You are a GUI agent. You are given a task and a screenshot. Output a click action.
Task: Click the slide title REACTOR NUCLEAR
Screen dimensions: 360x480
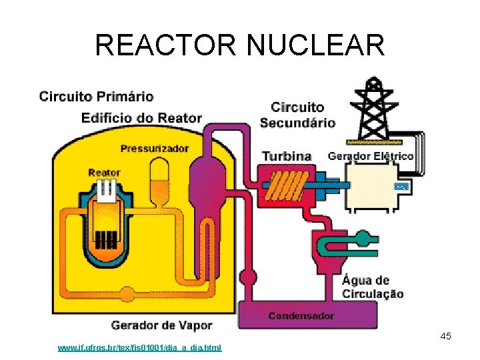pyautogui.click(x=240, y=46)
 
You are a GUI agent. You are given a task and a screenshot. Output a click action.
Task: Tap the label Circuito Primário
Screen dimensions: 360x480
pyautogui.click(x=97, y=97)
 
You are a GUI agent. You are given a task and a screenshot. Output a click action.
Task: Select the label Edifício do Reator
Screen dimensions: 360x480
pyautogui.click(x=141, y=118)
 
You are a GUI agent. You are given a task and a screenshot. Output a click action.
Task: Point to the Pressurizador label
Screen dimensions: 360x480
pyautogui.click(x=155, y=148)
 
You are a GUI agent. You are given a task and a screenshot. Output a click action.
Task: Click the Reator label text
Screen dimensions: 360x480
pyautogui.click(x=104, y=172)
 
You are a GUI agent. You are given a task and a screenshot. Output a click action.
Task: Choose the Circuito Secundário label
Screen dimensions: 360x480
pyautogui.click(x=297, y=115)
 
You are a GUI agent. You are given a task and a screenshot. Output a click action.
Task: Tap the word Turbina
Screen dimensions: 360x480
pyautogui.click(x=287, y=156)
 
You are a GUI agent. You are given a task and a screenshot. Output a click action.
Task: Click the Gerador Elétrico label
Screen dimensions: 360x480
pyautogui.click(x=371, y=156)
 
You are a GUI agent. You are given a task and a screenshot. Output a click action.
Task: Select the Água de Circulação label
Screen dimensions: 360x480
pyautogui.click(x=373, y=287)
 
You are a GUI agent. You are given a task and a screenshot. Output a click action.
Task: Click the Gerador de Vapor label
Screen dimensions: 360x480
pyautogui.click(x=161, y=325)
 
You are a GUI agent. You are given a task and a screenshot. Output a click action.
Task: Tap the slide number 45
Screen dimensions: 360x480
pyautogui.click(x=446, y=336)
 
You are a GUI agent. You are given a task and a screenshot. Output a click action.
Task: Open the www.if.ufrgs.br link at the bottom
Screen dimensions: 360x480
pyautogui.click(x=140, y=348)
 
